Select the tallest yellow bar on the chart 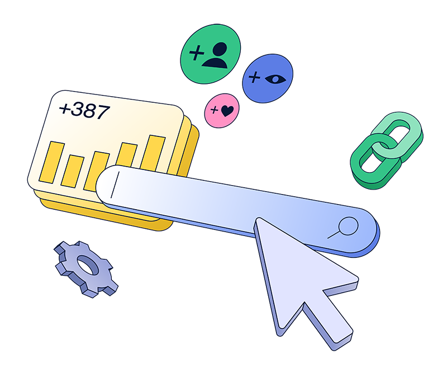coord(153,152)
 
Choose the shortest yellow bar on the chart coord(73,171)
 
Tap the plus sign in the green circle coord(196,53)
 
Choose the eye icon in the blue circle coord(275,78)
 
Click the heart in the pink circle coord(226,111)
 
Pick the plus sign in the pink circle coord(214,108)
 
